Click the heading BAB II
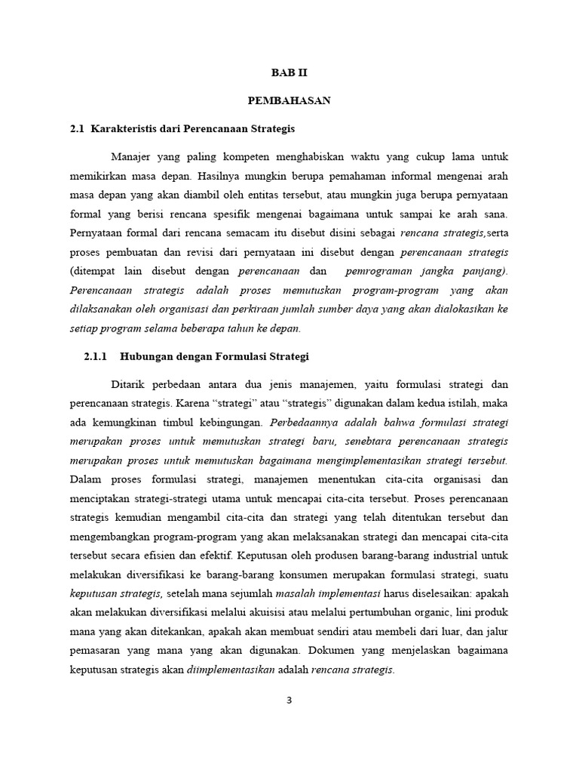tap(289, 73)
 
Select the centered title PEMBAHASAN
tap(289, 101)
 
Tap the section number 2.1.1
tap(96, 356)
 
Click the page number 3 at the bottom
tap(289, 700)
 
